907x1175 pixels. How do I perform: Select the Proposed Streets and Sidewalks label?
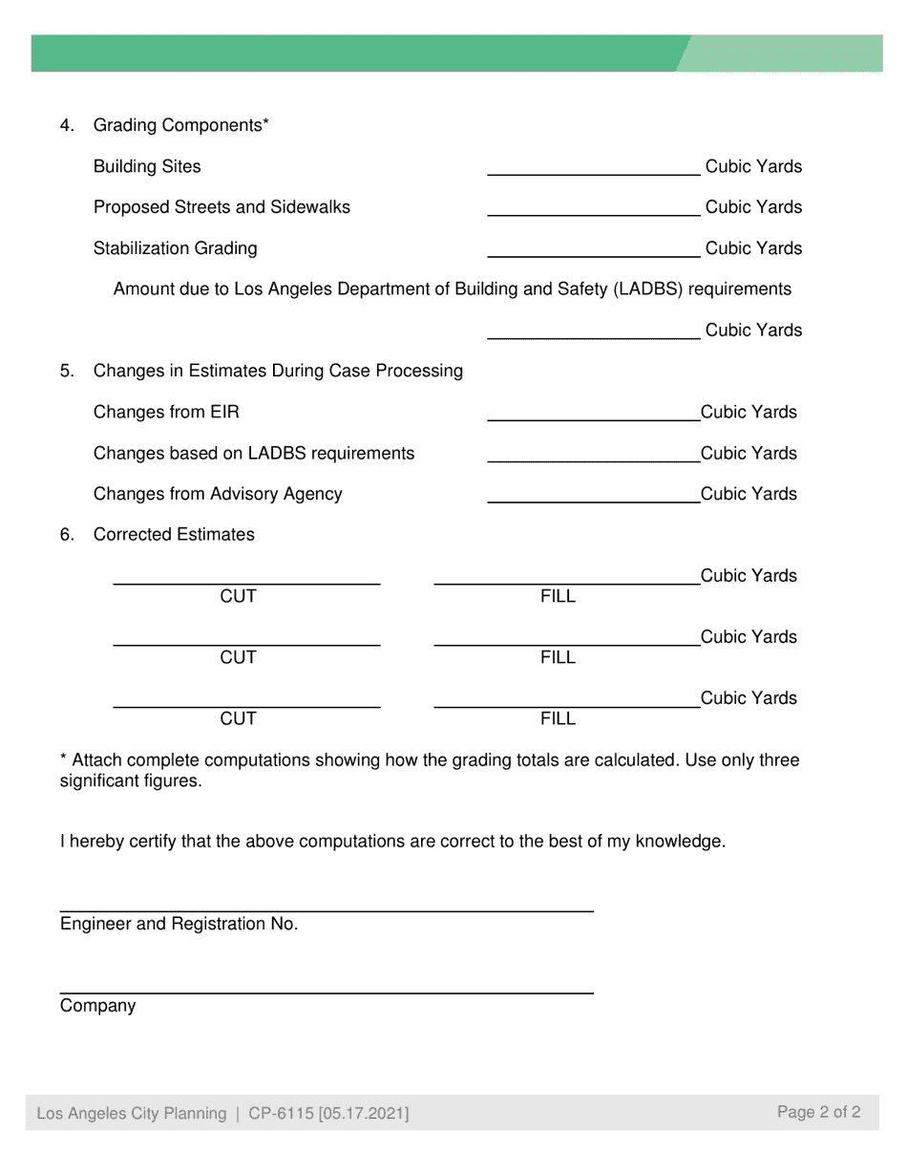[221, 207]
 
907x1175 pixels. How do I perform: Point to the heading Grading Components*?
[180, 125]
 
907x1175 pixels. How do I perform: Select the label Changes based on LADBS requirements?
[254, 453]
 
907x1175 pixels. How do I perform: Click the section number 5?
[67, 371]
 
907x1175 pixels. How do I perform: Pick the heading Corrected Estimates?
[174, 535]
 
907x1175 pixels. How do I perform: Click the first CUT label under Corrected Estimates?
[238, 597]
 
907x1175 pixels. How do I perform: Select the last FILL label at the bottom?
[558, 719]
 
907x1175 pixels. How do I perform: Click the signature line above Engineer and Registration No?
[327, 908]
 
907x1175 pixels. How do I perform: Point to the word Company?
[97, 1006]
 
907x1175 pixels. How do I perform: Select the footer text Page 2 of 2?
[818, 1112]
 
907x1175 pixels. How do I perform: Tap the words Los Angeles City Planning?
[132, 1114]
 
